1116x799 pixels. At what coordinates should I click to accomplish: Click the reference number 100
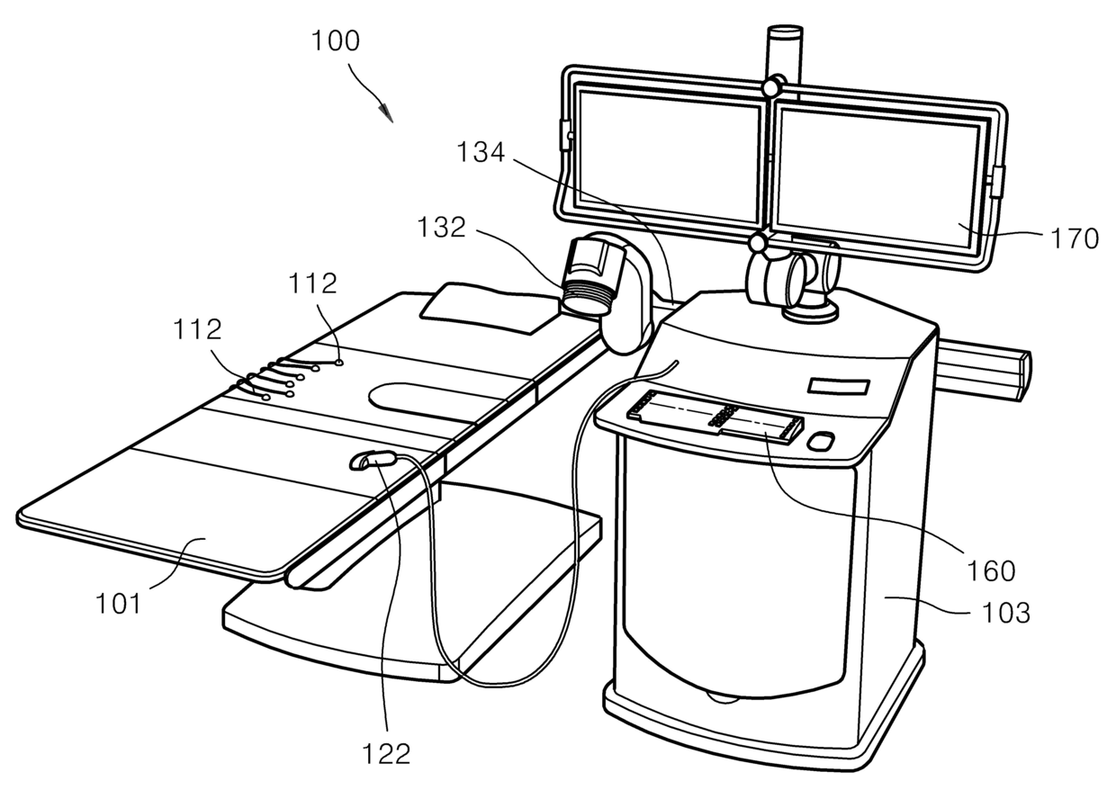tap(335, 41)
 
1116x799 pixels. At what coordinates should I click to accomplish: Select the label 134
tap(480, 153)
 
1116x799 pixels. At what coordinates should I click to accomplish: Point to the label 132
tap(440, 228)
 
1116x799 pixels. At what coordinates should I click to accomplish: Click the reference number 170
tap(1075, 238)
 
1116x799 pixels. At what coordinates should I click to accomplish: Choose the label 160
tap(992, 570)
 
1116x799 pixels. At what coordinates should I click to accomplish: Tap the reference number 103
tap(1004, 613)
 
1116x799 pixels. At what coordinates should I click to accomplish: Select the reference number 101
tap(120, 602)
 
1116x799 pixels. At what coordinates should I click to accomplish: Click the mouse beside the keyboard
tap(820, 442)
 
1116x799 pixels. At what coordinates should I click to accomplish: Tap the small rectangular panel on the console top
tap(839, 387)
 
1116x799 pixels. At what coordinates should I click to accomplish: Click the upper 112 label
tap(312, 284)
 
